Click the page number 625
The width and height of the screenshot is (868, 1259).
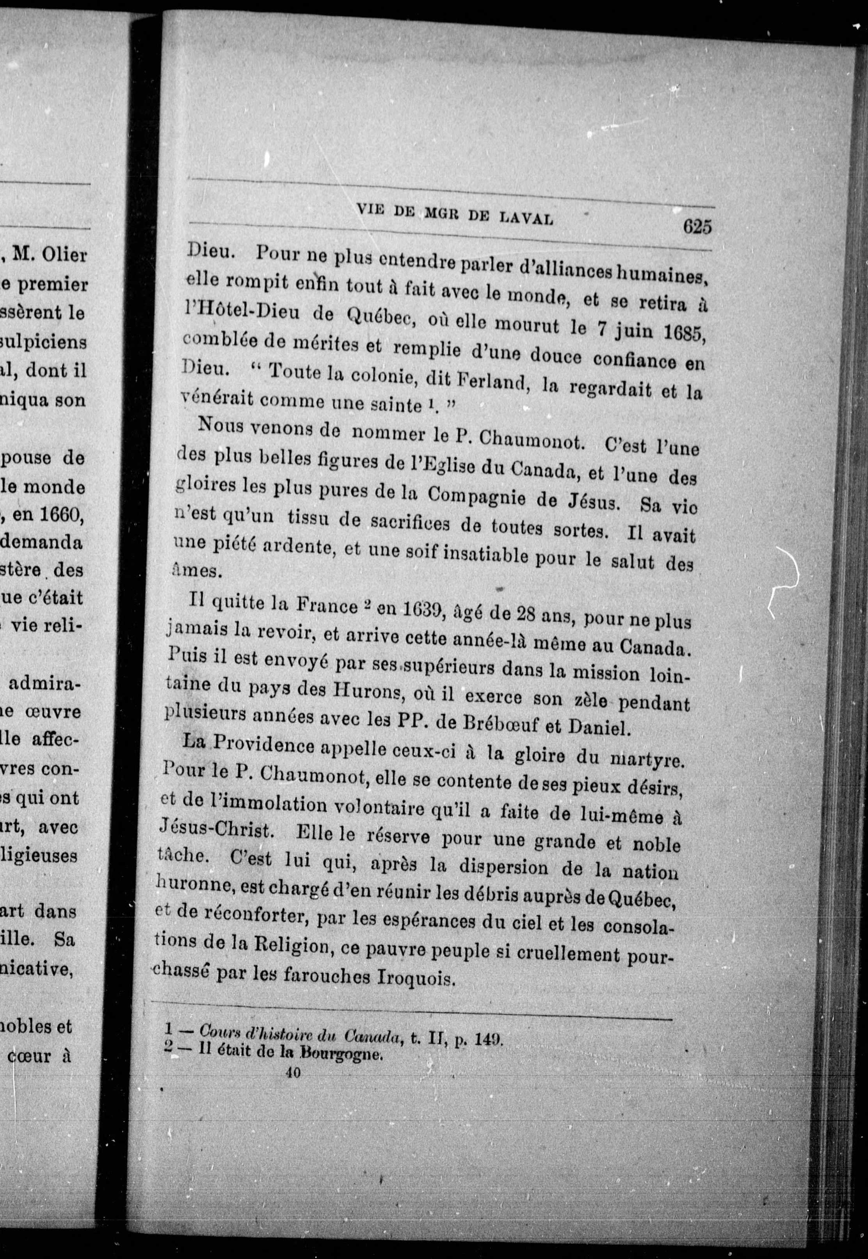[697, 226]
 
